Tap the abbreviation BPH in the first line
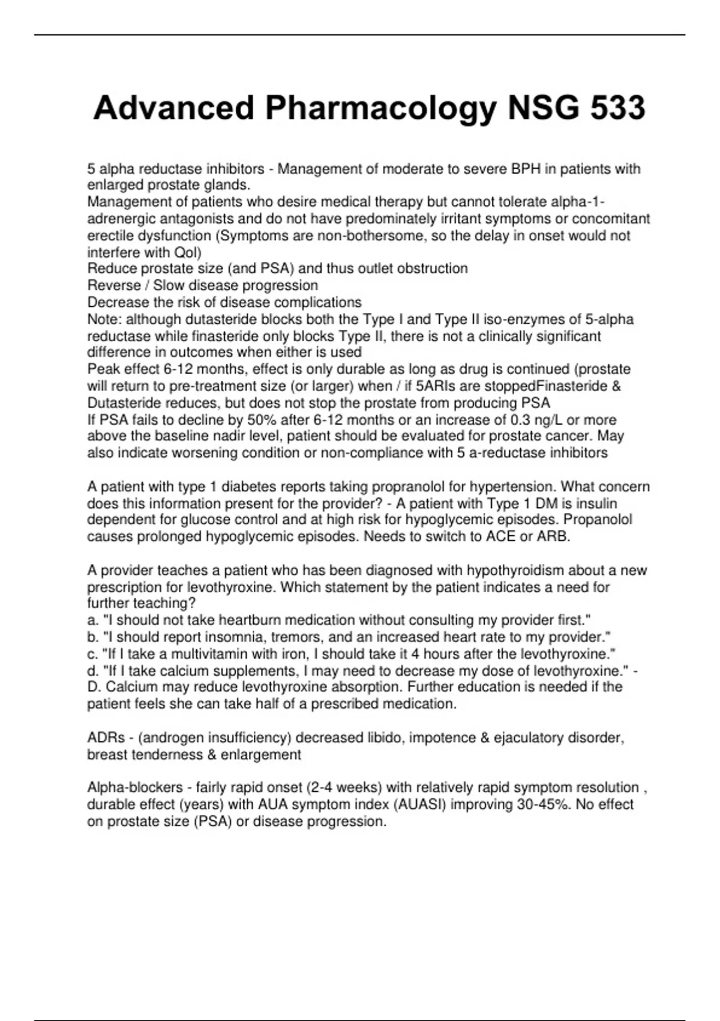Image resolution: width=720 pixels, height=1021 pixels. tap(526, 169)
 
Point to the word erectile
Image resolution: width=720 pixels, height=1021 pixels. tap(110, 235)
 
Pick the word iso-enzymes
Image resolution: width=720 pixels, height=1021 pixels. tap(530, 319)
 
